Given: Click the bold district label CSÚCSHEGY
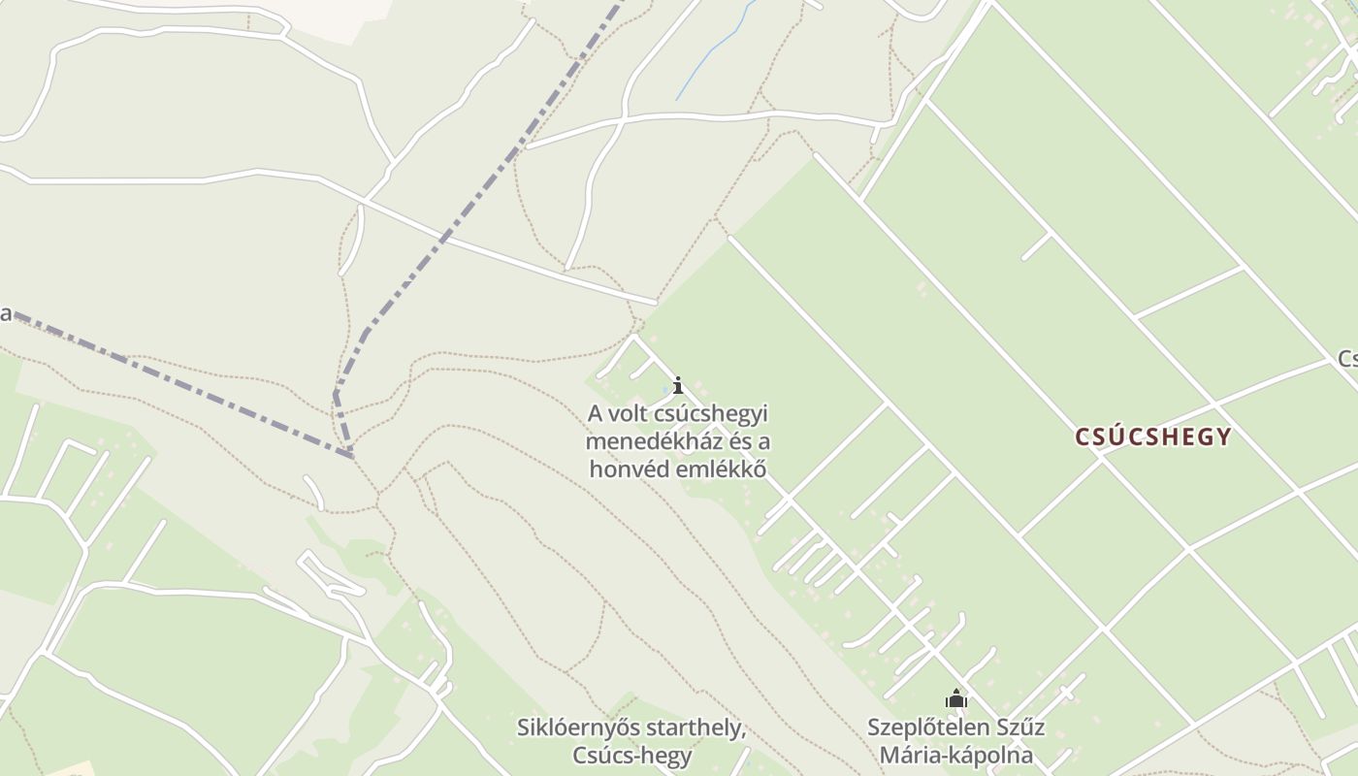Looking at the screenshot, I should coord(1152,436).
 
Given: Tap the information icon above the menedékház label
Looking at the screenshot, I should coord(678,385).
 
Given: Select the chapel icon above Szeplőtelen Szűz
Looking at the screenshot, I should coord(956,698).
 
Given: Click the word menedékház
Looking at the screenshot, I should coord(663,441).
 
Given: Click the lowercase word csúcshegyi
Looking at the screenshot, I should coord(708,414).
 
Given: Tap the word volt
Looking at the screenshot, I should coord(626,414).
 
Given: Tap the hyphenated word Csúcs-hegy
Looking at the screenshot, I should coord(631,755).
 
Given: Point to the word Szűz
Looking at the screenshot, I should coord(1018,727).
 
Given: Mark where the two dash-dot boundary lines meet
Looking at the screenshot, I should coord(350,454).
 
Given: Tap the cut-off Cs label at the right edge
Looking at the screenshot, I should coord(1346,359).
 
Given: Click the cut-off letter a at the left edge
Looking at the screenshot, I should coord(5,313).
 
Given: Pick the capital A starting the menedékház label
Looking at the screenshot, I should coord(595,414).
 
